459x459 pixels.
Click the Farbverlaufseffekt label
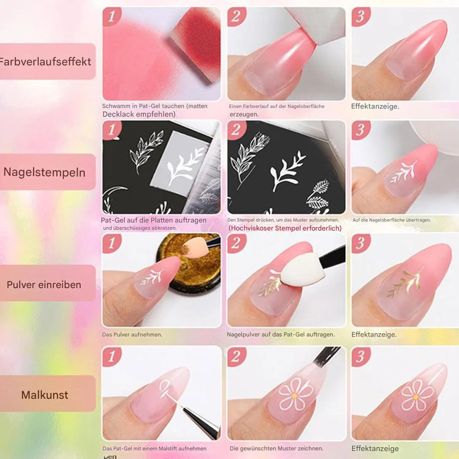(x=45, y=62)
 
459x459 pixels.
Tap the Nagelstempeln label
(x=44, y=172)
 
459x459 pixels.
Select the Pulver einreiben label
(x=44, y=285)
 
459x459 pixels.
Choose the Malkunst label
(x=45, y=395)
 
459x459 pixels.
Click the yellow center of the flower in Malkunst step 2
(x=294, y=396)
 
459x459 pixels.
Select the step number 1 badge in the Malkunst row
(x=112, y=356)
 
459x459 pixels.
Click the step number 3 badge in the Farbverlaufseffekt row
(x=361, y=17)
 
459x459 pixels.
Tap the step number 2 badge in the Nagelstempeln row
(x=236, y=130)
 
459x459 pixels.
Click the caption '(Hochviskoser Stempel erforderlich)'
(x=285, y=228)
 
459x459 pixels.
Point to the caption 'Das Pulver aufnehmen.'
(x=132, y=334)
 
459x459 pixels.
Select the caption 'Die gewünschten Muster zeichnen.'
(x=276, y=448)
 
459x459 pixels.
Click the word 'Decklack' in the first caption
(x=119, y=114)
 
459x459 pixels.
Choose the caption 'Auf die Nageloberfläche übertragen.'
(x=392, y=220)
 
